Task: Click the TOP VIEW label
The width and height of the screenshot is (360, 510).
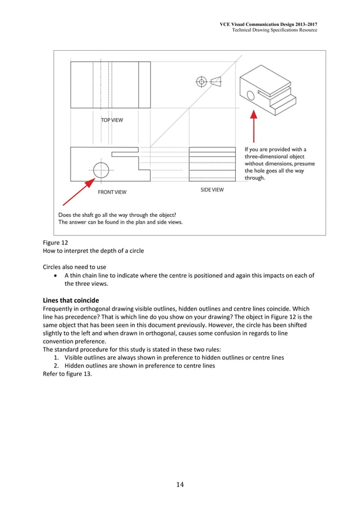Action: coord(112,120)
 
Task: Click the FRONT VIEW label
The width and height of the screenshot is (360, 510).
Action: coord(112,192)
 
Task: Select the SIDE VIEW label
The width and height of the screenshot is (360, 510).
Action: coord(212,190)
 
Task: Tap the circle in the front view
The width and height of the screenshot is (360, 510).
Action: coord(100,169)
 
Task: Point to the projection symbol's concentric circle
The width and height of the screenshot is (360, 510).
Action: coord(201,82)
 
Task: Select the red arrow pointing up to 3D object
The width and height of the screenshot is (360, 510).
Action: coord(254,125)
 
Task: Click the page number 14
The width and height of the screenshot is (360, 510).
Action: coord(180,484)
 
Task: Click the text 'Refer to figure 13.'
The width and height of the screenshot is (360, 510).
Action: coord(67,373)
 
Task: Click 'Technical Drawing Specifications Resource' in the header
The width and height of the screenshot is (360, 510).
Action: coord(274,29)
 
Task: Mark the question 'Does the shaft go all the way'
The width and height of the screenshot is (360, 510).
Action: coord(117,215)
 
